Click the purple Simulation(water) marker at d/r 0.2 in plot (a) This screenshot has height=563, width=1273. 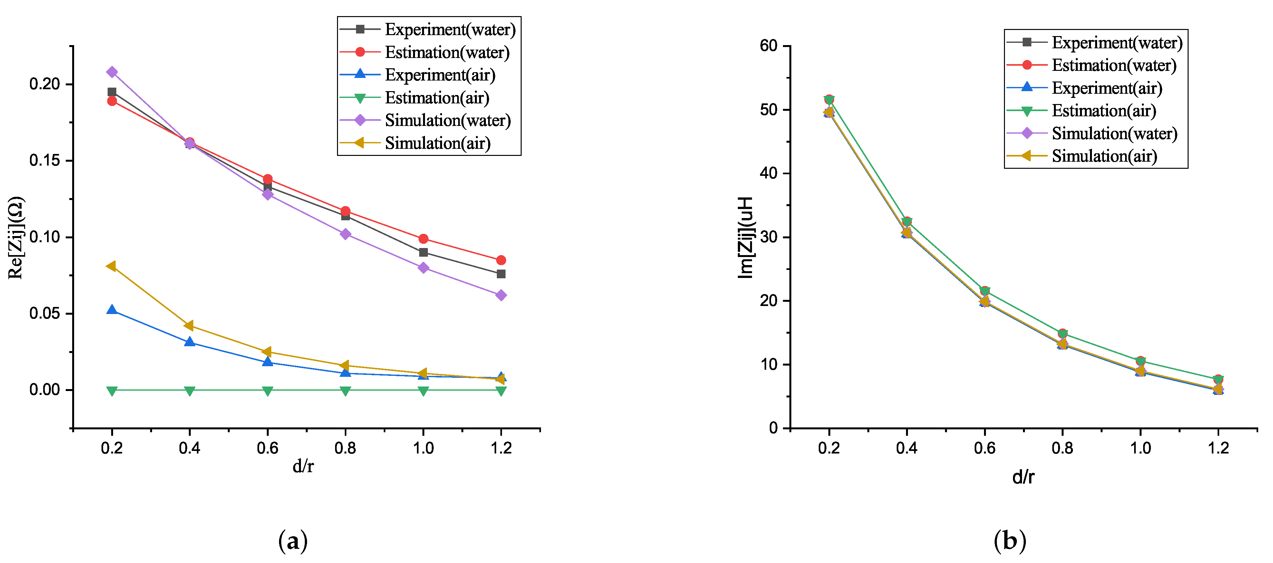click(112, 72)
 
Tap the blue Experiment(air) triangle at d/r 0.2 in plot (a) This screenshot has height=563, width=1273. click(112, 310)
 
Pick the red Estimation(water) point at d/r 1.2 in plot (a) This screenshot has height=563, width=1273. click(501, 260)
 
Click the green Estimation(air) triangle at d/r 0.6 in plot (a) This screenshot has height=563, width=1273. click(267, 391)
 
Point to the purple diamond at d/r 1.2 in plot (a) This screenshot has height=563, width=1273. click(501, 295)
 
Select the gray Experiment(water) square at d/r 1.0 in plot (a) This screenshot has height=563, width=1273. click(423, 253)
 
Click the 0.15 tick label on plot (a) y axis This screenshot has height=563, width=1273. click(44, 160)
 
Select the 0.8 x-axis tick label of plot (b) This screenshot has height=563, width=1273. click(1063, 448)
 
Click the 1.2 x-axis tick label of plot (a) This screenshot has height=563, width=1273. click(501, 448)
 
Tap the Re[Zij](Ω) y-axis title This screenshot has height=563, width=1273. click(16, 238)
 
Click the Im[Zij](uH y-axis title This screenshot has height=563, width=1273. click(745, 238)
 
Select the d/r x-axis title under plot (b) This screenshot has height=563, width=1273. click(1023, 477)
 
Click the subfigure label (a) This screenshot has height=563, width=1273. click(293, 541)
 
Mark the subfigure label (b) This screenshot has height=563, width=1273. click(1009, 541)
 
